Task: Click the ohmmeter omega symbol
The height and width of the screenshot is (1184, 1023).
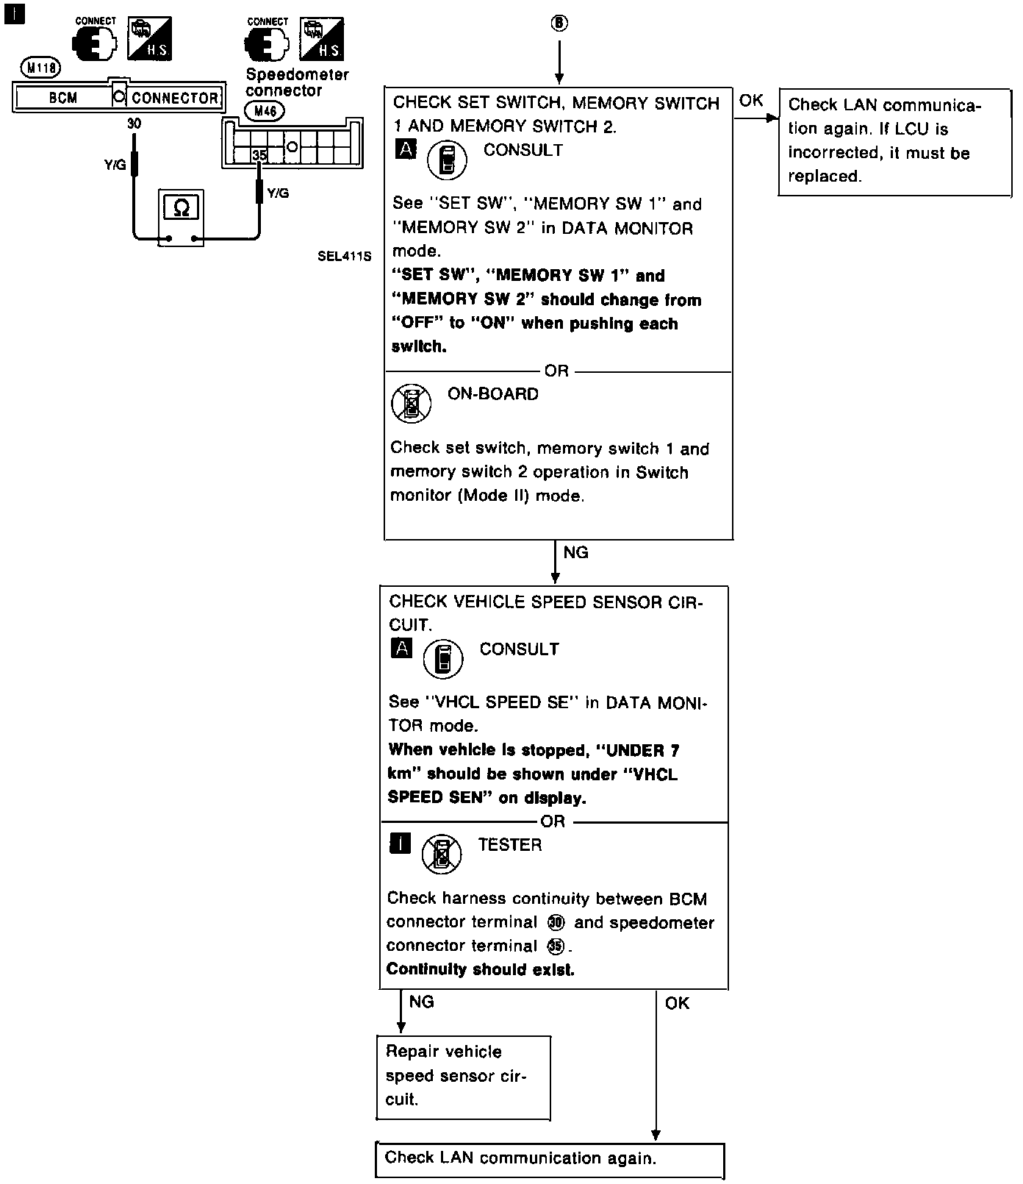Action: pyautogui.click(x=181, y=209)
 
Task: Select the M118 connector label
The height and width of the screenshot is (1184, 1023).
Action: pyautogui.click(x=41, y=68)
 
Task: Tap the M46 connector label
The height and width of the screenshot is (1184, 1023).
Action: pyautogui.click(x=264, y=111)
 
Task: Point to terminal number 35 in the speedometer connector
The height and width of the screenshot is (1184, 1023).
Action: pyautogui.click(x=259, y=156)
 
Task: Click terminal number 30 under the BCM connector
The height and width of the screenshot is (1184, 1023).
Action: pyautogui.click(x=134, y=124)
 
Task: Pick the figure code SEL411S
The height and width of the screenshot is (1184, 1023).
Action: pyautogui.click(x=345, y=257)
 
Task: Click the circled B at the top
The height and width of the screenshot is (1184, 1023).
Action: pyautogui.click(x=559, y=24)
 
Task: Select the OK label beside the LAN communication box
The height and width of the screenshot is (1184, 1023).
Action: pyautogui.click(x=751, y=101)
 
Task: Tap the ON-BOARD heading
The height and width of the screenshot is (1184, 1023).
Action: pyautogui.click(x=493, y=394)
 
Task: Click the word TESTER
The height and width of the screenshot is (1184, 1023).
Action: pyautogui.click(x=510, y=845)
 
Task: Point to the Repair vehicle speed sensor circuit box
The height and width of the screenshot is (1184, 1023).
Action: pyautogui.click(x=463, y=1077)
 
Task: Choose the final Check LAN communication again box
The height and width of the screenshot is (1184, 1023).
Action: pyautogui.click(x=550, y=1160)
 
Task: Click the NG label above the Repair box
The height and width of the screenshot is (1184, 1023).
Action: pyautogui.click(x=422, y=1002)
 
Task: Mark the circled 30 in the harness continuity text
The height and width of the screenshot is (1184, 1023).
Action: pyautogui.click(x=556, y=923)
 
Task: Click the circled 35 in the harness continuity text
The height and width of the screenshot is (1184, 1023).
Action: pyautogui.click(x=556, y=946)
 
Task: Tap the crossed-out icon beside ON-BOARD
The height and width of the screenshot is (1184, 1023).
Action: pyautogui.click(x=412, y=403)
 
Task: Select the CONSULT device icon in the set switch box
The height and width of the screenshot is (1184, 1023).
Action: pyautogui.click(x=447, y=161)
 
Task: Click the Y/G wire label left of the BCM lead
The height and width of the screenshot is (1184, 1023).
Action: pyautogui.click(x=115, y=166)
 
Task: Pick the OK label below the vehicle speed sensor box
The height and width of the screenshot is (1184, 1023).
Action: pyautogui.click(x=677, y=1003)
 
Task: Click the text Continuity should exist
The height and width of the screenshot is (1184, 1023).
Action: pyautogui.click(x=481, y=969)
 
